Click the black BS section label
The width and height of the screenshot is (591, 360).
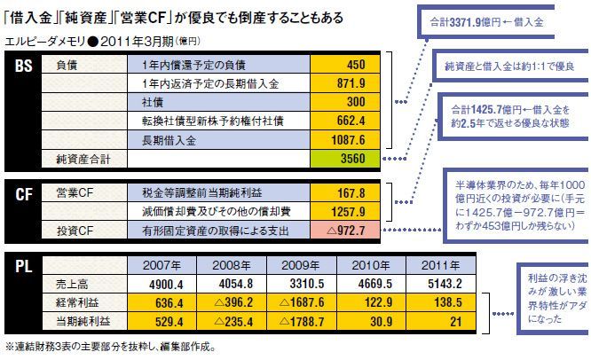click(23, 67)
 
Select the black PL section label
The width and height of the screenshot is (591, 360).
click(23, 264)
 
